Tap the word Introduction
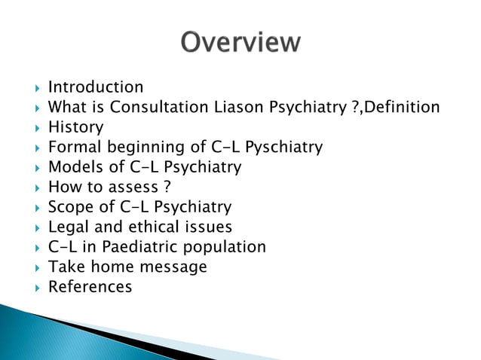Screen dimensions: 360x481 click(95, 87)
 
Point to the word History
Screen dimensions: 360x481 click(75, 127)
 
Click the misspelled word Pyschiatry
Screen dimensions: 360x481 click(283, 147)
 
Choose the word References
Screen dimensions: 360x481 click(90, 286)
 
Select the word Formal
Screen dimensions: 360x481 click(72, 147)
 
